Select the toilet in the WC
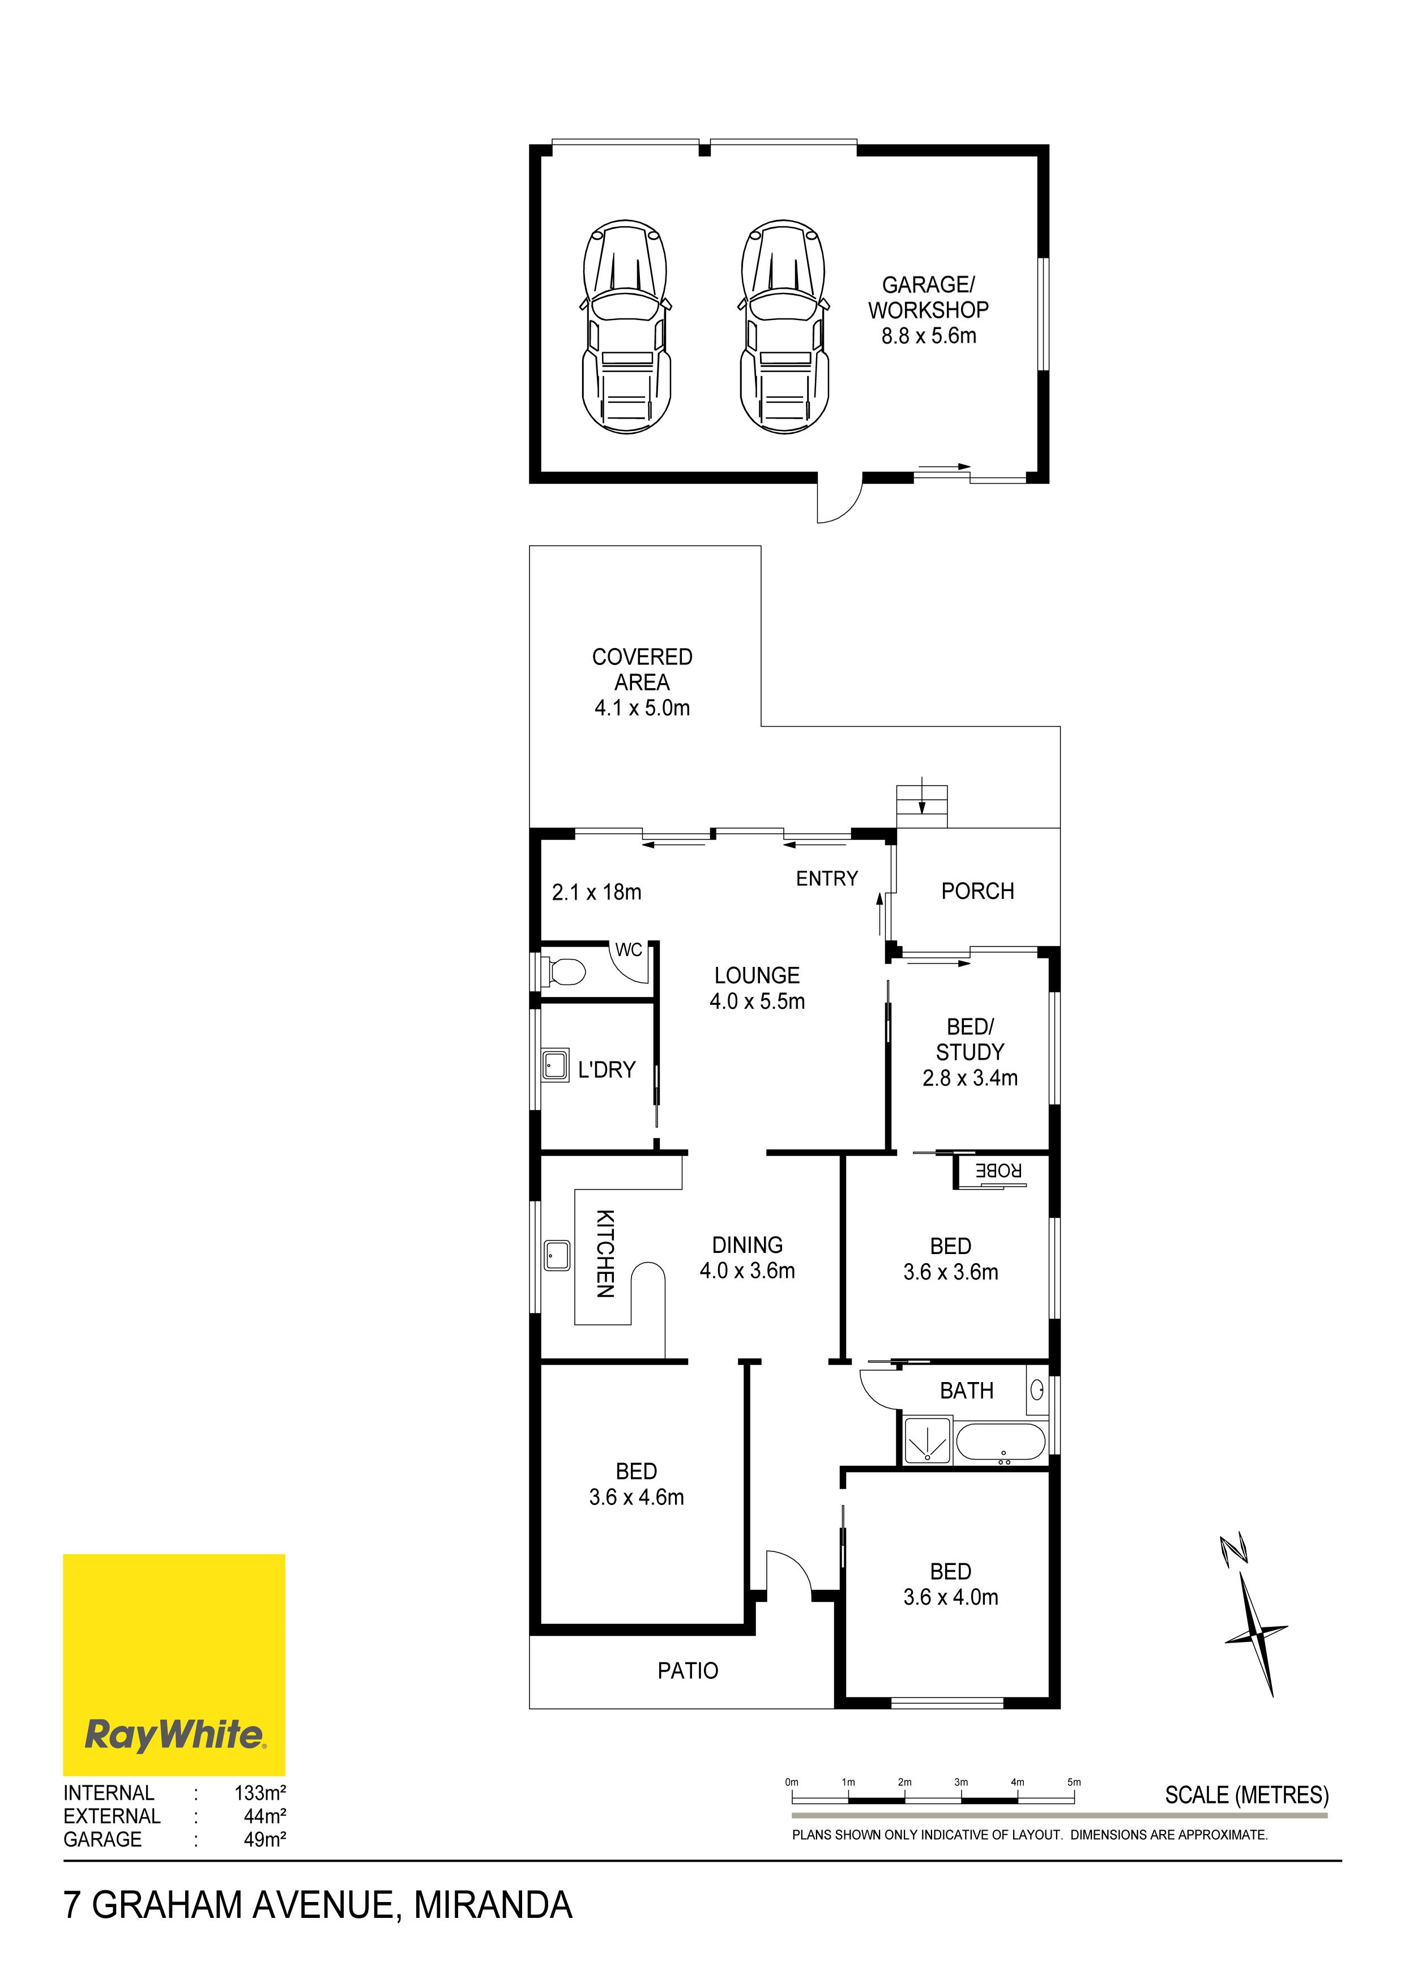point(563,972)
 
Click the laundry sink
point(554,1065)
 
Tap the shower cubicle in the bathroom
point(926,1440)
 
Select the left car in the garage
point(626,326)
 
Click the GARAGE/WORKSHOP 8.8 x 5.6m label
point(928,310)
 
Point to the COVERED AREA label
point(642,682)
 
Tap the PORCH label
point(977,890)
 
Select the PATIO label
point(688,1670)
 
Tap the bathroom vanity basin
point(1036,1390)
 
